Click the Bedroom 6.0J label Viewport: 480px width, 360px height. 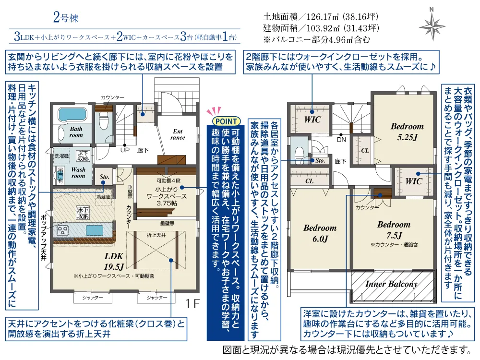tap(320, 233)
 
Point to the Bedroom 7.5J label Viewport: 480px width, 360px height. tap(394, 229)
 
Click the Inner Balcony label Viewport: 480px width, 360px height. tap(391, 284)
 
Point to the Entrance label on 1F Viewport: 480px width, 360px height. tap(178, 134)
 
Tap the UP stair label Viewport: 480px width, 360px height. tap(124, 150)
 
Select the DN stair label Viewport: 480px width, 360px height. tap(342, 140)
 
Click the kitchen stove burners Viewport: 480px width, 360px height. tap(63, 230)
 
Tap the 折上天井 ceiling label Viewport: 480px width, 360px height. tap(156, 235)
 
